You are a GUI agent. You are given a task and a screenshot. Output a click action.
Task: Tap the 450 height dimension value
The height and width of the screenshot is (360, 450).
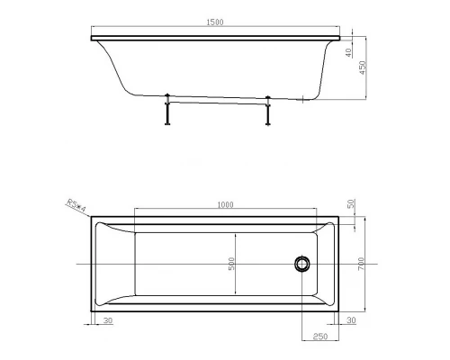click(364, 70)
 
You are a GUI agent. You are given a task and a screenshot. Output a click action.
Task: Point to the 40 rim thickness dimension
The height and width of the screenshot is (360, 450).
click(347, 52)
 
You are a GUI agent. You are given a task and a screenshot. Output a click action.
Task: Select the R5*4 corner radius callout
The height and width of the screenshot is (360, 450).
click(75, 204)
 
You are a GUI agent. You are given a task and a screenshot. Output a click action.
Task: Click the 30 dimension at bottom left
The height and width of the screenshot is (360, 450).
click(107, 320)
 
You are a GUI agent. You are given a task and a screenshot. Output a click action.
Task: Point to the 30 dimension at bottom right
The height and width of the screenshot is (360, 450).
click(351, 320)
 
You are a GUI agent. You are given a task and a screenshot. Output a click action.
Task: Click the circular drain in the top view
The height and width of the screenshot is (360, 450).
click(301, 264)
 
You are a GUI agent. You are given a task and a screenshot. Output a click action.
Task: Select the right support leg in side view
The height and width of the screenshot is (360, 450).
click(267, 111)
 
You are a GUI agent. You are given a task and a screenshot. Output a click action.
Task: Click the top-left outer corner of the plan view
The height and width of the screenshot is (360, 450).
click(90, 217)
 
